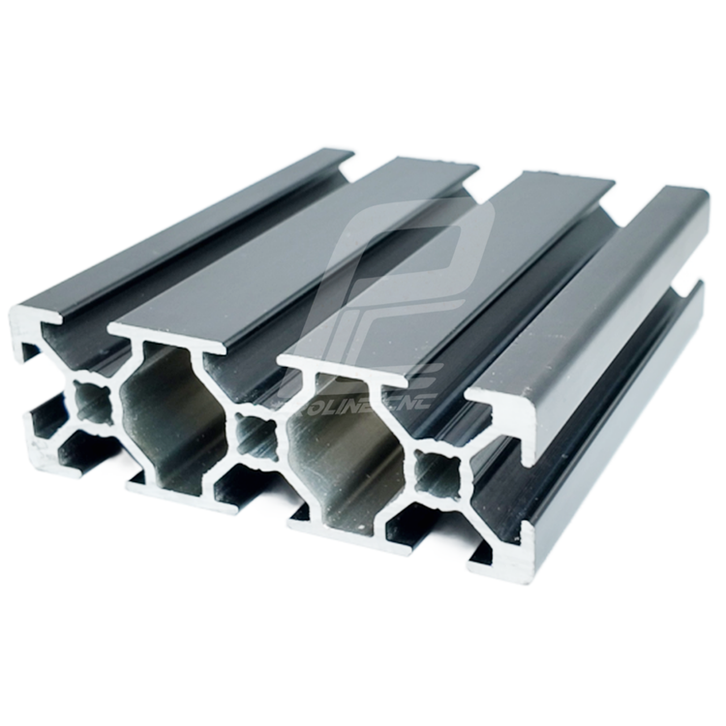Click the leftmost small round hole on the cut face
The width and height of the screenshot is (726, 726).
click(90, 400)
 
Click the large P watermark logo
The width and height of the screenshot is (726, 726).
click(407, 281)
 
